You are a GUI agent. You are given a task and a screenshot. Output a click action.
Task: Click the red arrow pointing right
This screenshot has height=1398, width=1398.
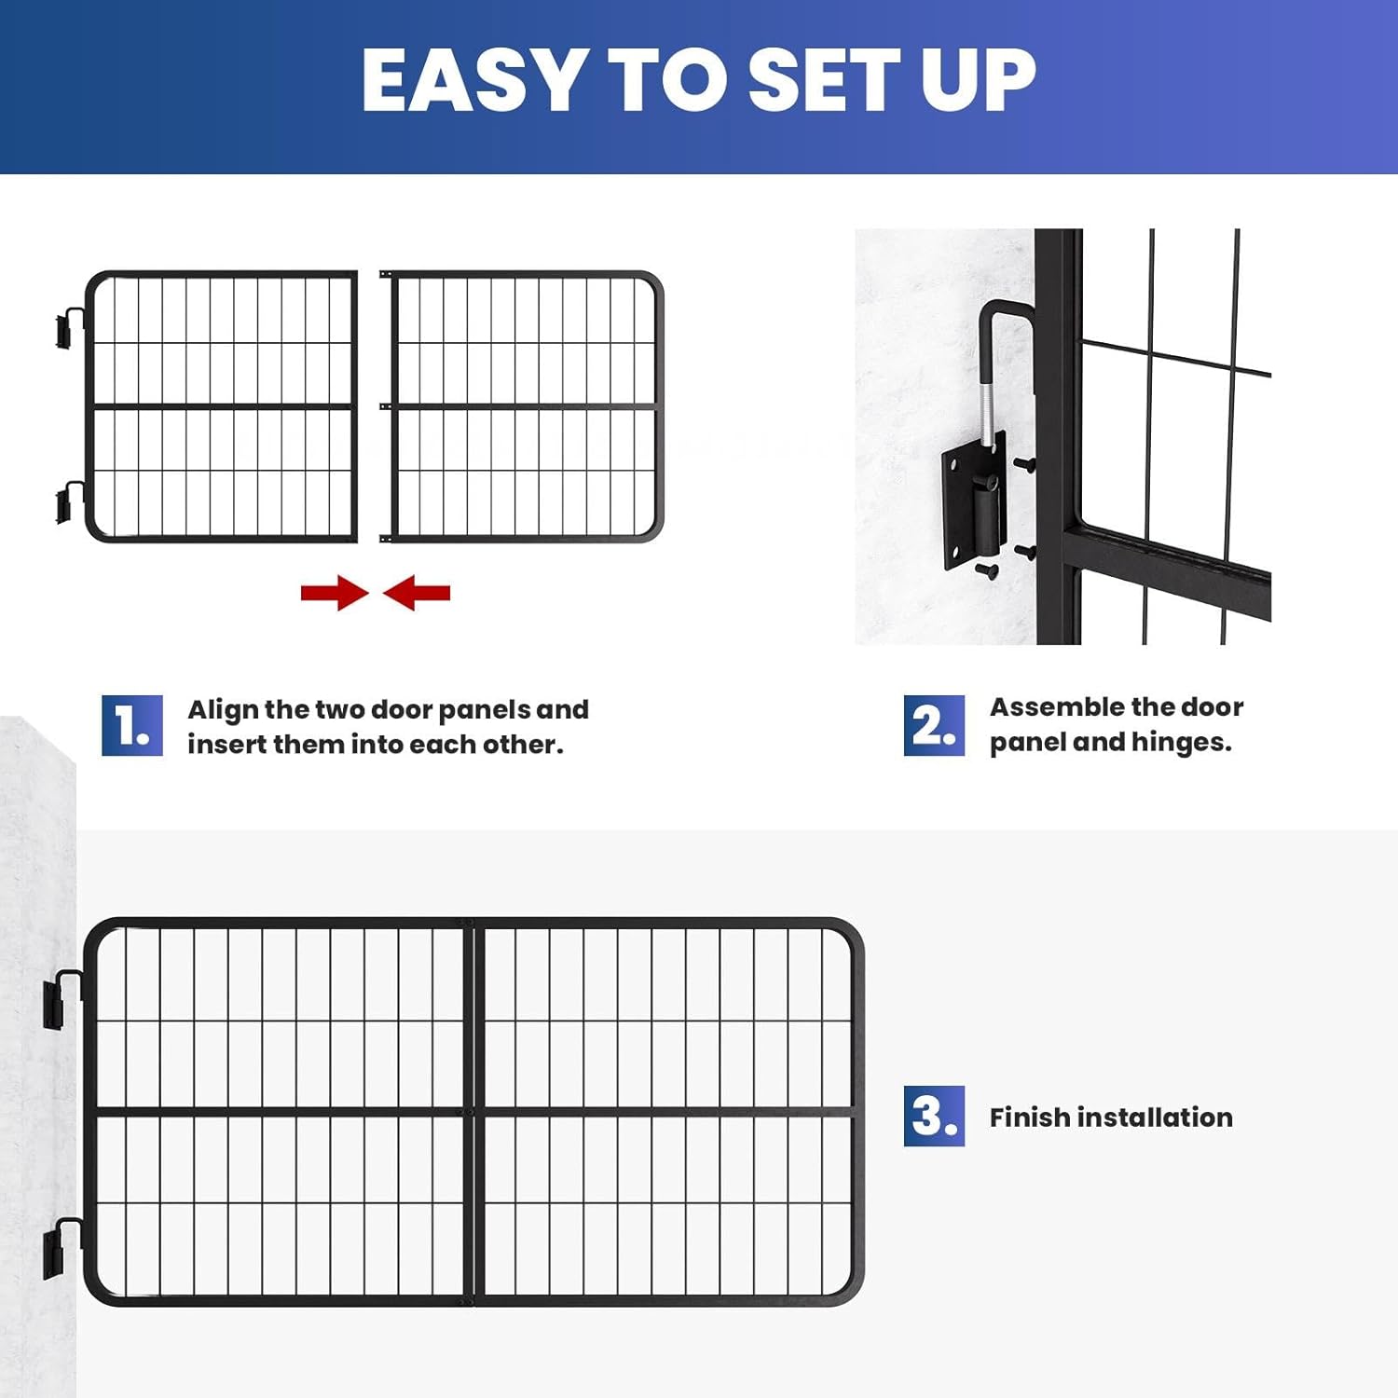click(x=334, y=593)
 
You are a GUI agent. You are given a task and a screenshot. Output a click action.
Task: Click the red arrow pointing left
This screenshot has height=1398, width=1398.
click(x=417, y=593)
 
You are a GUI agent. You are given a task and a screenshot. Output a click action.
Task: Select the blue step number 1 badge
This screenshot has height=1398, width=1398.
click(x=131, y=725)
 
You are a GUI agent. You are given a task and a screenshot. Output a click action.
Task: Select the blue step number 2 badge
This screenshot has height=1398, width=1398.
click(x=933, y=725)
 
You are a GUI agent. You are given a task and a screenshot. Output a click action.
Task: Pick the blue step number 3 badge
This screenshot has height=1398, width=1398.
click(x=933, y=1116)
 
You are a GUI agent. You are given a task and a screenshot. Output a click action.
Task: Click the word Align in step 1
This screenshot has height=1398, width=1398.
click(x=223, y=710)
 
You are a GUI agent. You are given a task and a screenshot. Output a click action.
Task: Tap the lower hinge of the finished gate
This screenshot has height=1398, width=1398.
click(x=58, y=1248)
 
